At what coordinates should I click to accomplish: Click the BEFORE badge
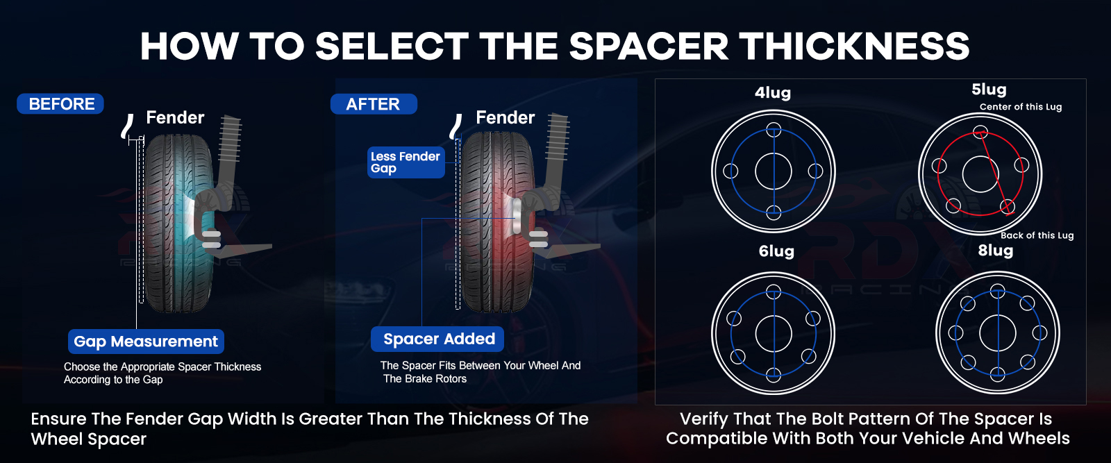(x=60, y=103)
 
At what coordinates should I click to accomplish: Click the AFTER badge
(x=374, y=104)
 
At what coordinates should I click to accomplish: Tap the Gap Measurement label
(x=146, y=341)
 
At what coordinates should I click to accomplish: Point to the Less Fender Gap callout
(x=406, y=162)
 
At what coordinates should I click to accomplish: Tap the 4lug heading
(x=773, y=93)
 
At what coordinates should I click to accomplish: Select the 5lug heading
(x=989, y=90)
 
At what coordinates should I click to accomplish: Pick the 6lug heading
(x=776, y=251)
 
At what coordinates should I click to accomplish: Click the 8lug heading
(x=996, y=251)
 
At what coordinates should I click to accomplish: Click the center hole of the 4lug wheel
(x=774, y=171)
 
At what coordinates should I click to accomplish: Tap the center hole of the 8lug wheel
(x=997, y=332)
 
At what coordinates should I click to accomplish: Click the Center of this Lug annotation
(x=1021, y=107)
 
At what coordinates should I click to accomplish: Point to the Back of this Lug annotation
(x=1037, y=235)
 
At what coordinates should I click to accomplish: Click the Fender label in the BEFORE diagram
(x=175, y=117)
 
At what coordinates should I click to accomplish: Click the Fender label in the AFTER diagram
(x=506, y=117)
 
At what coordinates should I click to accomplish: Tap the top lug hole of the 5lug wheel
(x=980, y=133)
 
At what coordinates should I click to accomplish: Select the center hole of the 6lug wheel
(x=774, y=333)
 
